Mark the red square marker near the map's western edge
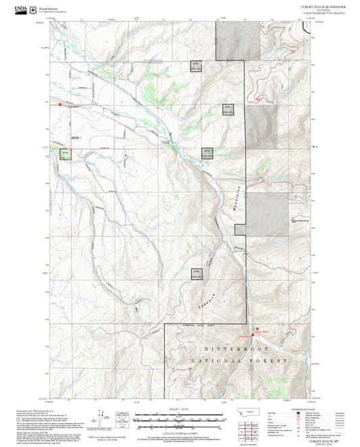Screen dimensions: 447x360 [x=60, y=105]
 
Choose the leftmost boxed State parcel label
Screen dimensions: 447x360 [x=66, y=154]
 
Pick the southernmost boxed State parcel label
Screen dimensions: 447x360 [x=197, y=273]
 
